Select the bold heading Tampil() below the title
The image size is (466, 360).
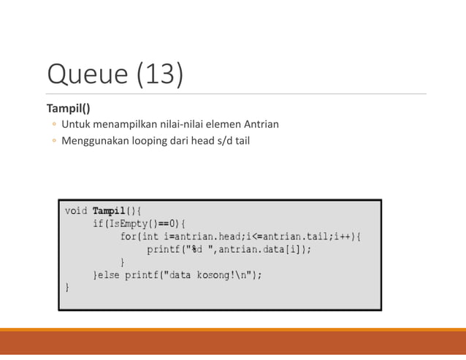pyautogui.click(x=69, y=108)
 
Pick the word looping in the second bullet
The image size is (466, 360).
pyautogui.click(x=150, y=139)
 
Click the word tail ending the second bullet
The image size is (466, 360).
pyautogui.click(x=241, y=139)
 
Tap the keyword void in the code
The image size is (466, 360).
pyautogui.click(x=76, y=211)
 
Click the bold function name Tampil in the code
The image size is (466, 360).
pyautogui.click(x=108, y=211)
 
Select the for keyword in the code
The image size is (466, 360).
pyautogui.click(x=129, y=237)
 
